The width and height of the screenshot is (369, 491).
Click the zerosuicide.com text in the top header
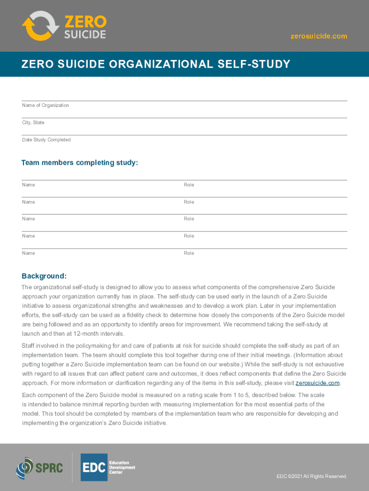point(319,36)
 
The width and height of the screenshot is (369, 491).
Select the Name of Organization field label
point(46,105)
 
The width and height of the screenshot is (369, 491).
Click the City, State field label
point(33,123)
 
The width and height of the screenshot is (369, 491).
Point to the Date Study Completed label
point(46,140)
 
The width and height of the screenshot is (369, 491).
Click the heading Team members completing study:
point(80,163)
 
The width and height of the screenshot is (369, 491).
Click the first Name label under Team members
point(28,185)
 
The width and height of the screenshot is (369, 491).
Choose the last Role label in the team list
point(189,253)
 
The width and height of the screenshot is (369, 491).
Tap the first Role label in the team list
point(189,185)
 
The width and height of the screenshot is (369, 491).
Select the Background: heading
point(44,276)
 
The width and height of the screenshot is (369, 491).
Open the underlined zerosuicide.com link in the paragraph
point(318,383)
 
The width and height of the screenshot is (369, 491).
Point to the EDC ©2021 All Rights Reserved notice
point(311,476)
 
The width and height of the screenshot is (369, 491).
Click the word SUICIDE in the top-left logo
point(85,35)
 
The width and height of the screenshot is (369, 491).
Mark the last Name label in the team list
point(28,253)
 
